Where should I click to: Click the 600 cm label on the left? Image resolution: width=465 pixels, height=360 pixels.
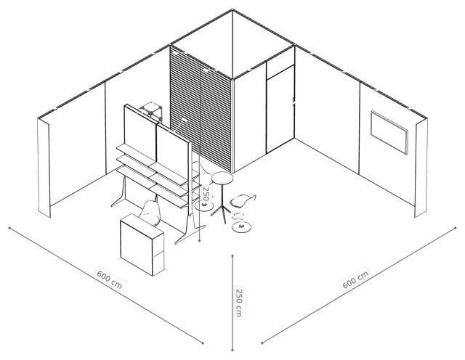pyautogui.click(x=110, y=279)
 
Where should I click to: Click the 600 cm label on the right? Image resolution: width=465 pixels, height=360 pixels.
pyautogui.click(x=355, y=279)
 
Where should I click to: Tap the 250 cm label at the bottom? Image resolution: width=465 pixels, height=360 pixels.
pyautogui.click(x=239, y=303)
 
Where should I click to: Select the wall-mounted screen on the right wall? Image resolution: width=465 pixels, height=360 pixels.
pyautogui.click(x=389, y=132)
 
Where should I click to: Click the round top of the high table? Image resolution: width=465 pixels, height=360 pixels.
pyautogui.click(x=222, y=178)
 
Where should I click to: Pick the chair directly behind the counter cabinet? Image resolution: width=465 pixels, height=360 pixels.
pyautogui.click(x=150, y=212)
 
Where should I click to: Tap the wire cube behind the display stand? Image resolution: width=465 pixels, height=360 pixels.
pyautogui.click(x=151, y=112)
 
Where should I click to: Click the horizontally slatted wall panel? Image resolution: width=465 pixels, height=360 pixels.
pyautogui.click(x=201, y=110)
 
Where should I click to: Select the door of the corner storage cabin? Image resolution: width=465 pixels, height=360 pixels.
pyautogui.click(x=280, y=109)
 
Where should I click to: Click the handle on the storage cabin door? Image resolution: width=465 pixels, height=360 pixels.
pyautogui.click(x=294, y=102)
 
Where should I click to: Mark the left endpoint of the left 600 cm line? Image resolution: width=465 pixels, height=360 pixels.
pyautogui.click(x=9, y=228)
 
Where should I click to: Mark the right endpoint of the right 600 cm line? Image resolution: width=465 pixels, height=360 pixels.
pyautogui.click(x=456, y=228)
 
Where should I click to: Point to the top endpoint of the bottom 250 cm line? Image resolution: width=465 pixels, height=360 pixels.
pyautogui.click(x=232, y=255)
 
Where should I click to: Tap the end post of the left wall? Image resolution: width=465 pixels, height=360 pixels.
pyautogui.click(x=44, y=168)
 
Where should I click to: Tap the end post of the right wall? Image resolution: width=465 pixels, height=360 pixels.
pyautogui.click(x=421, y=168)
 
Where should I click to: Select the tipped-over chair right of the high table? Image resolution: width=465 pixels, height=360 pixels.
pyautogui.click(x=242, y=200)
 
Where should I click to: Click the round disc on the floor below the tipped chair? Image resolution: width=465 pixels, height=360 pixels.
pyautogui.click(x=242, y=227)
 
